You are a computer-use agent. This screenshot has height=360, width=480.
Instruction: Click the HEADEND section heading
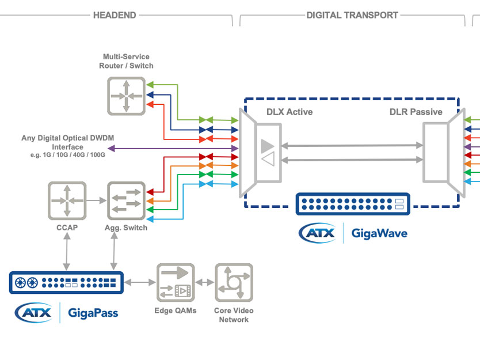click(x=115, y=16)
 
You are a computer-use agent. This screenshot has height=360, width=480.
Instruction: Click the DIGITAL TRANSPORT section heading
click(x=352, y=16)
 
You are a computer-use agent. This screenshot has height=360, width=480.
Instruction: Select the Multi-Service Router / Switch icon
click(x=125, y=96)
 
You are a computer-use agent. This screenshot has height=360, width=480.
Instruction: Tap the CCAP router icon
click(x=67, y=200)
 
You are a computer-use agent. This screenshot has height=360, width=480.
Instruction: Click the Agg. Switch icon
click(x=125, y=200)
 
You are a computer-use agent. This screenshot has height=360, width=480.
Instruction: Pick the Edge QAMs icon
click(x=176, y=282)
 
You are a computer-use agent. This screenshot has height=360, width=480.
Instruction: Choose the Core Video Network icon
click(x=234, y=282)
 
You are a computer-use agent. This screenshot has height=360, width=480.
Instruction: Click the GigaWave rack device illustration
click(x=353, y=204)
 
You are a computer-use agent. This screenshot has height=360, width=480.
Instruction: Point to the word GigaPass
click(x=93, y=313)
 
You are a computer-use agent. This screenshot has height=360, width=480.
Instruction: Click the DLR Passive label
click(x=416, y=112)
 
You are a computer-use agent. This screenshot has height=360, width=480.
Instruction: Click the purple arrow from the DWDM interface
click(x=173, y=149)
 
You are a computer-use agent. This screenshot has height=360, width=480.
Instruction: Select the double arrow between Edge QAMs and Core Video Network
click(x=205, y=283)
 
